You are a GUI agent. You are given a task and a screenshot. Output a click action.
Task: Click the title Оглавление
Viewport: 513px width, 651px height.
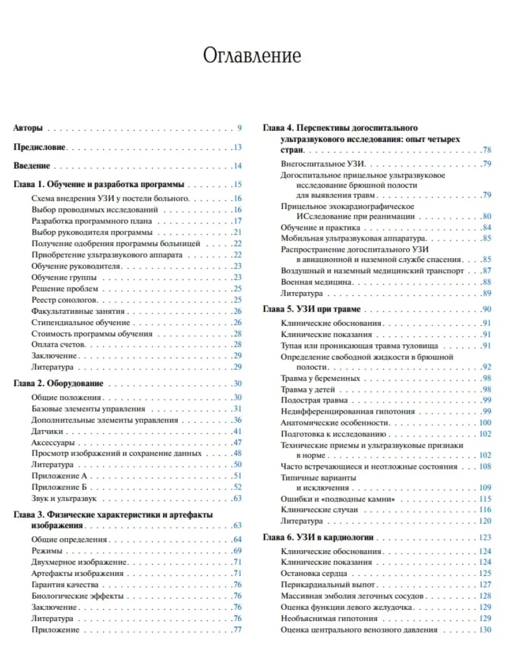coord(251,56)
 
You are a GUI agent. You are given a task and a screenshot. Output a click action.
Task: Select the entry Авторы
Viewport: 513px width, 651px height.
coord(28,128)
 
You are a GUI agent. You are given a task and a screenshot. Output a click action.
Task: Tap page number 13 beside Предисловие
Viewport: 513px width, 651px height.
coord(237,147)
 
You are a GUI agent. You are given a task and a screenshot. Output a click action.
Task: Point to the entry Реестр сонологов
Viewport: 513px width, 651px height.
coord(64,300)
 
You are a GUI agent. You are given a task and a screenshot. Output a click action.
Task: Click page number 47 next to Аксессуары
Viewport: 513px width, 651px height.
coord(237,442)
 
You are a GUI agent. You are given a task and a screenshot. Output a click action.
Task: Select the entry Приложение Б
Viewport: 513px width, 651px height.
coord(58,487)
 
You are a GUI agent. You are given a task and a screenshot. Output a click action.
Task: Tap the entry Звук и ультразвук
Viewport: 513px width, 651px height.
coord(65,498)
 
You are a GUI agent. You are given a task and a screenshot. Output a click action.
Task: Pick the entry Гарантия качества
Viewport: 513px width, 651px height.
coord(65,584)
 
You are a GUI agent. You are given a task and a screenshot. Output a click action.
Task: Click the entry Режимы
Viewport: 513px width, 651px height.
coord(47,551)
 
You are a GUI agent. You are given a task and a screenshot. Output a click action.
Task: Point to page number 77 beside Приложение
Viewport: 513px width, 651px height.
coord(237,630)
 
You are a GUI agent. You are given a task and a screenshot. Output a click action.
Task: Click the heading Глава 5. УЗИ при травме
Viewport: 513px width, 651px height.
coord(312,309)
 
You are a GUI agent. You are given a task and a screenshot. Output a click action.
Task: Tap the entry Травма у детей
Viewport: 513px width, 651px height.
coord(308,389)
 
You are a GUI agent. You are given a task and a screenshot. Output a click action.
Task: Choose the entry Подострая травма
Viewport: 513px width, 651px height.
coord(314,400)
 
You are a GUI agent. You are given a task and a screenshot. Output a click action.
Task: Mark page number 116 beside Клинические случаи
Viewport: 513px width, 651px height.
coord(485,510)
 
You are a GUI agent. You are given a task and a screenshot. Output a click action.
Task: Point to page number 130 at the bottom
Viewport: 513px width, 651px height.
coord(485,630)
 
